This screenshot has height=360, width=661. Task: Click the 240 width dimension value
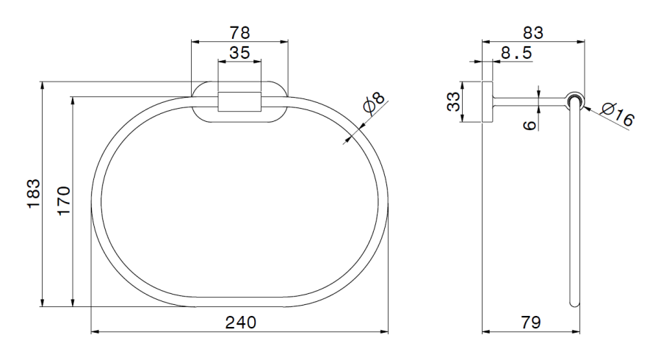click(240, 322)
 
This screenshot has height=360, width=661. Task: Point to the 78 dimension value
click(239, 32)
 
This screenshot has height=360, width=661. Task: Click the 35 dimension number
click(239, 53)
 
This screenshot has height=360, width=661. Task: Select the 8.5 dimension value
click(516, 53)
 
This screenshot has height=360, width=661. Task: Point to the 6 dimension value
click(529, 126)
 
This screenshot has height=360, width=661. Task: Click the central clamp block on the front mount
click(239, 101)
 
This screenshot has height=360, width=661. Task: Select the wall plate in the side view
click(486, 101)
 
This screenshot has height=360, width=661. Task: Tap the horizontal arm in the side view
click(529, 100)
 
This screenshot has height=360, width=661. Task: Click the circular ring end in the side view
click(575, 100)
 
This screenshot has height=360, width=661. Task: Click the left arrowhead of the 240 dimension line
click(95, 332)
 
